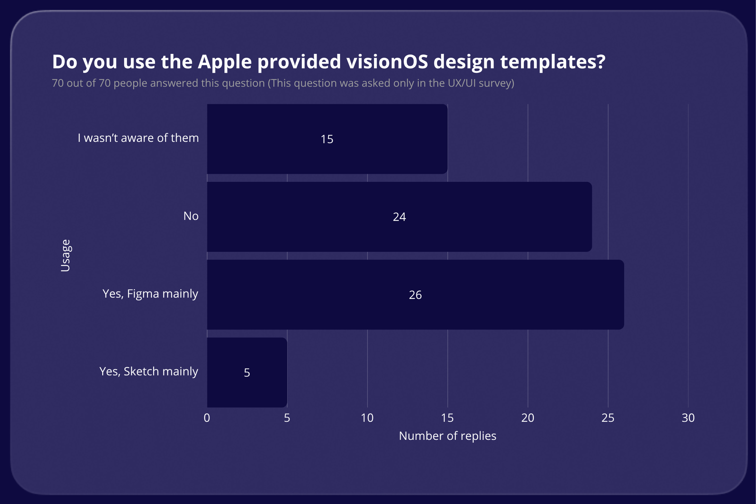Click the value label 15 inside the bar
pos(327,139)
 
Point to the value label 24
pos(399,217)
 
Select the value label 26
pos(415,295)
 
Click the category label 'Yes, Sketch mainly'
pos(149,371)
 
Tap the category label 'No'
pos(191,216)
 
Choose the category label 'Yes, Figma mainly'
pos(150,294)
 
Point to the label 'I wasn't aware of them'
pos(138,138)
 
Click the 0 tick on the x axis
pos(207,418)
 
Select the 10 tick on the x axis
pos(367,418)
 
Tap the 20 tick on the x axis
pos(528,418)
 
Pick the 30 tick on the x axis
pos(688,418)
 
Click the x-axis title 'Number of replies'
pos(447,436)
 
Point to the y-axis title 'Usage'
pos(65,255)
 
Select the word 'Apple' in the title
pos(224,62)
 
